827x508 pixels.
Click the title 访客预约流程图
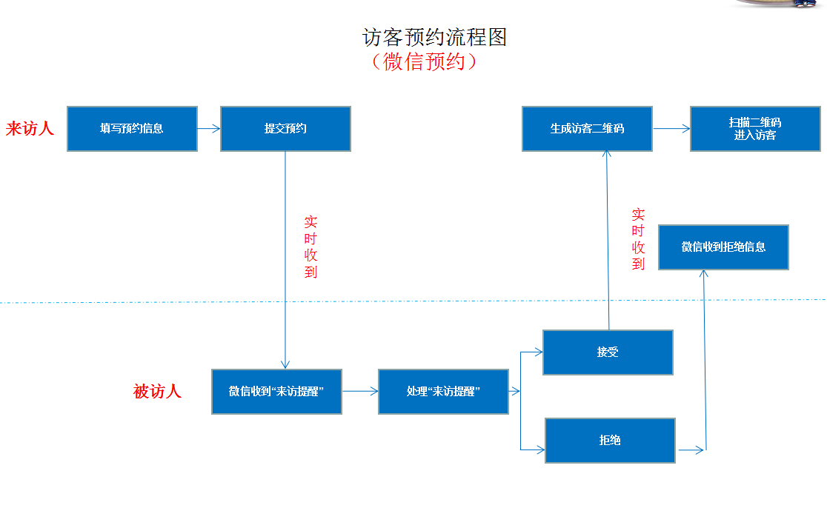coord(434,37)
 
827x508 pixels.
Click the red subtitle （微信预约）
coord(425,61)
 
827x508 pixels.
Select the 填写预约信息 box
coord(132,129)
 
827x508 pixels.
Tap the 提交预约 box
coord(285,129)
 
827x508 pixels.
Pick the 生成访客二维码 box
coord(587,129)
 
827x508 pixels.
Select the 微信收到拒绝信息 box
coord(723,247)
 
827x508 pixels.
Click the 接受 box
coord(608,352)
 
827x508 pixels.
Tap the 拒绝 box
coord(610,441)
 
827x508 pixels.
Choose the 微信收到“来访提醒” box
coord(276,391)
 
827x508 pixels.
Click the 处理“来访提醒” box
coord(443,391)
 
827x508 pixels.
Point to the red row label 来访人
coord(30,129)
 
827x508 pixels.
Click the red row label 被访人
coord(157,392)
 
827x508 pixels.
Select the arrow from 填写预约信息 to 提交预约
coord(209,129)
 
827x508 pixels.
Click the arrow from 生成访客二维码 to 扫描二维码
coord(671,129)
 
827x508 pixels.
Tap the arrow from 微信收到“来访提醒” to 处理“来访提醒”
coord(360,392)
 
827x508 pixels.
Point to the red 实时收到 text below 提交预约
coord(310,247)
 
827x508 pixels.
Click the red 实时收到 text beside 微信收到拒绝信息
coord(638,239)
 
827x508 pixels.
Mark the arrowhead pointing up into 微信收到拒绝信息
coord(703,274)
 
